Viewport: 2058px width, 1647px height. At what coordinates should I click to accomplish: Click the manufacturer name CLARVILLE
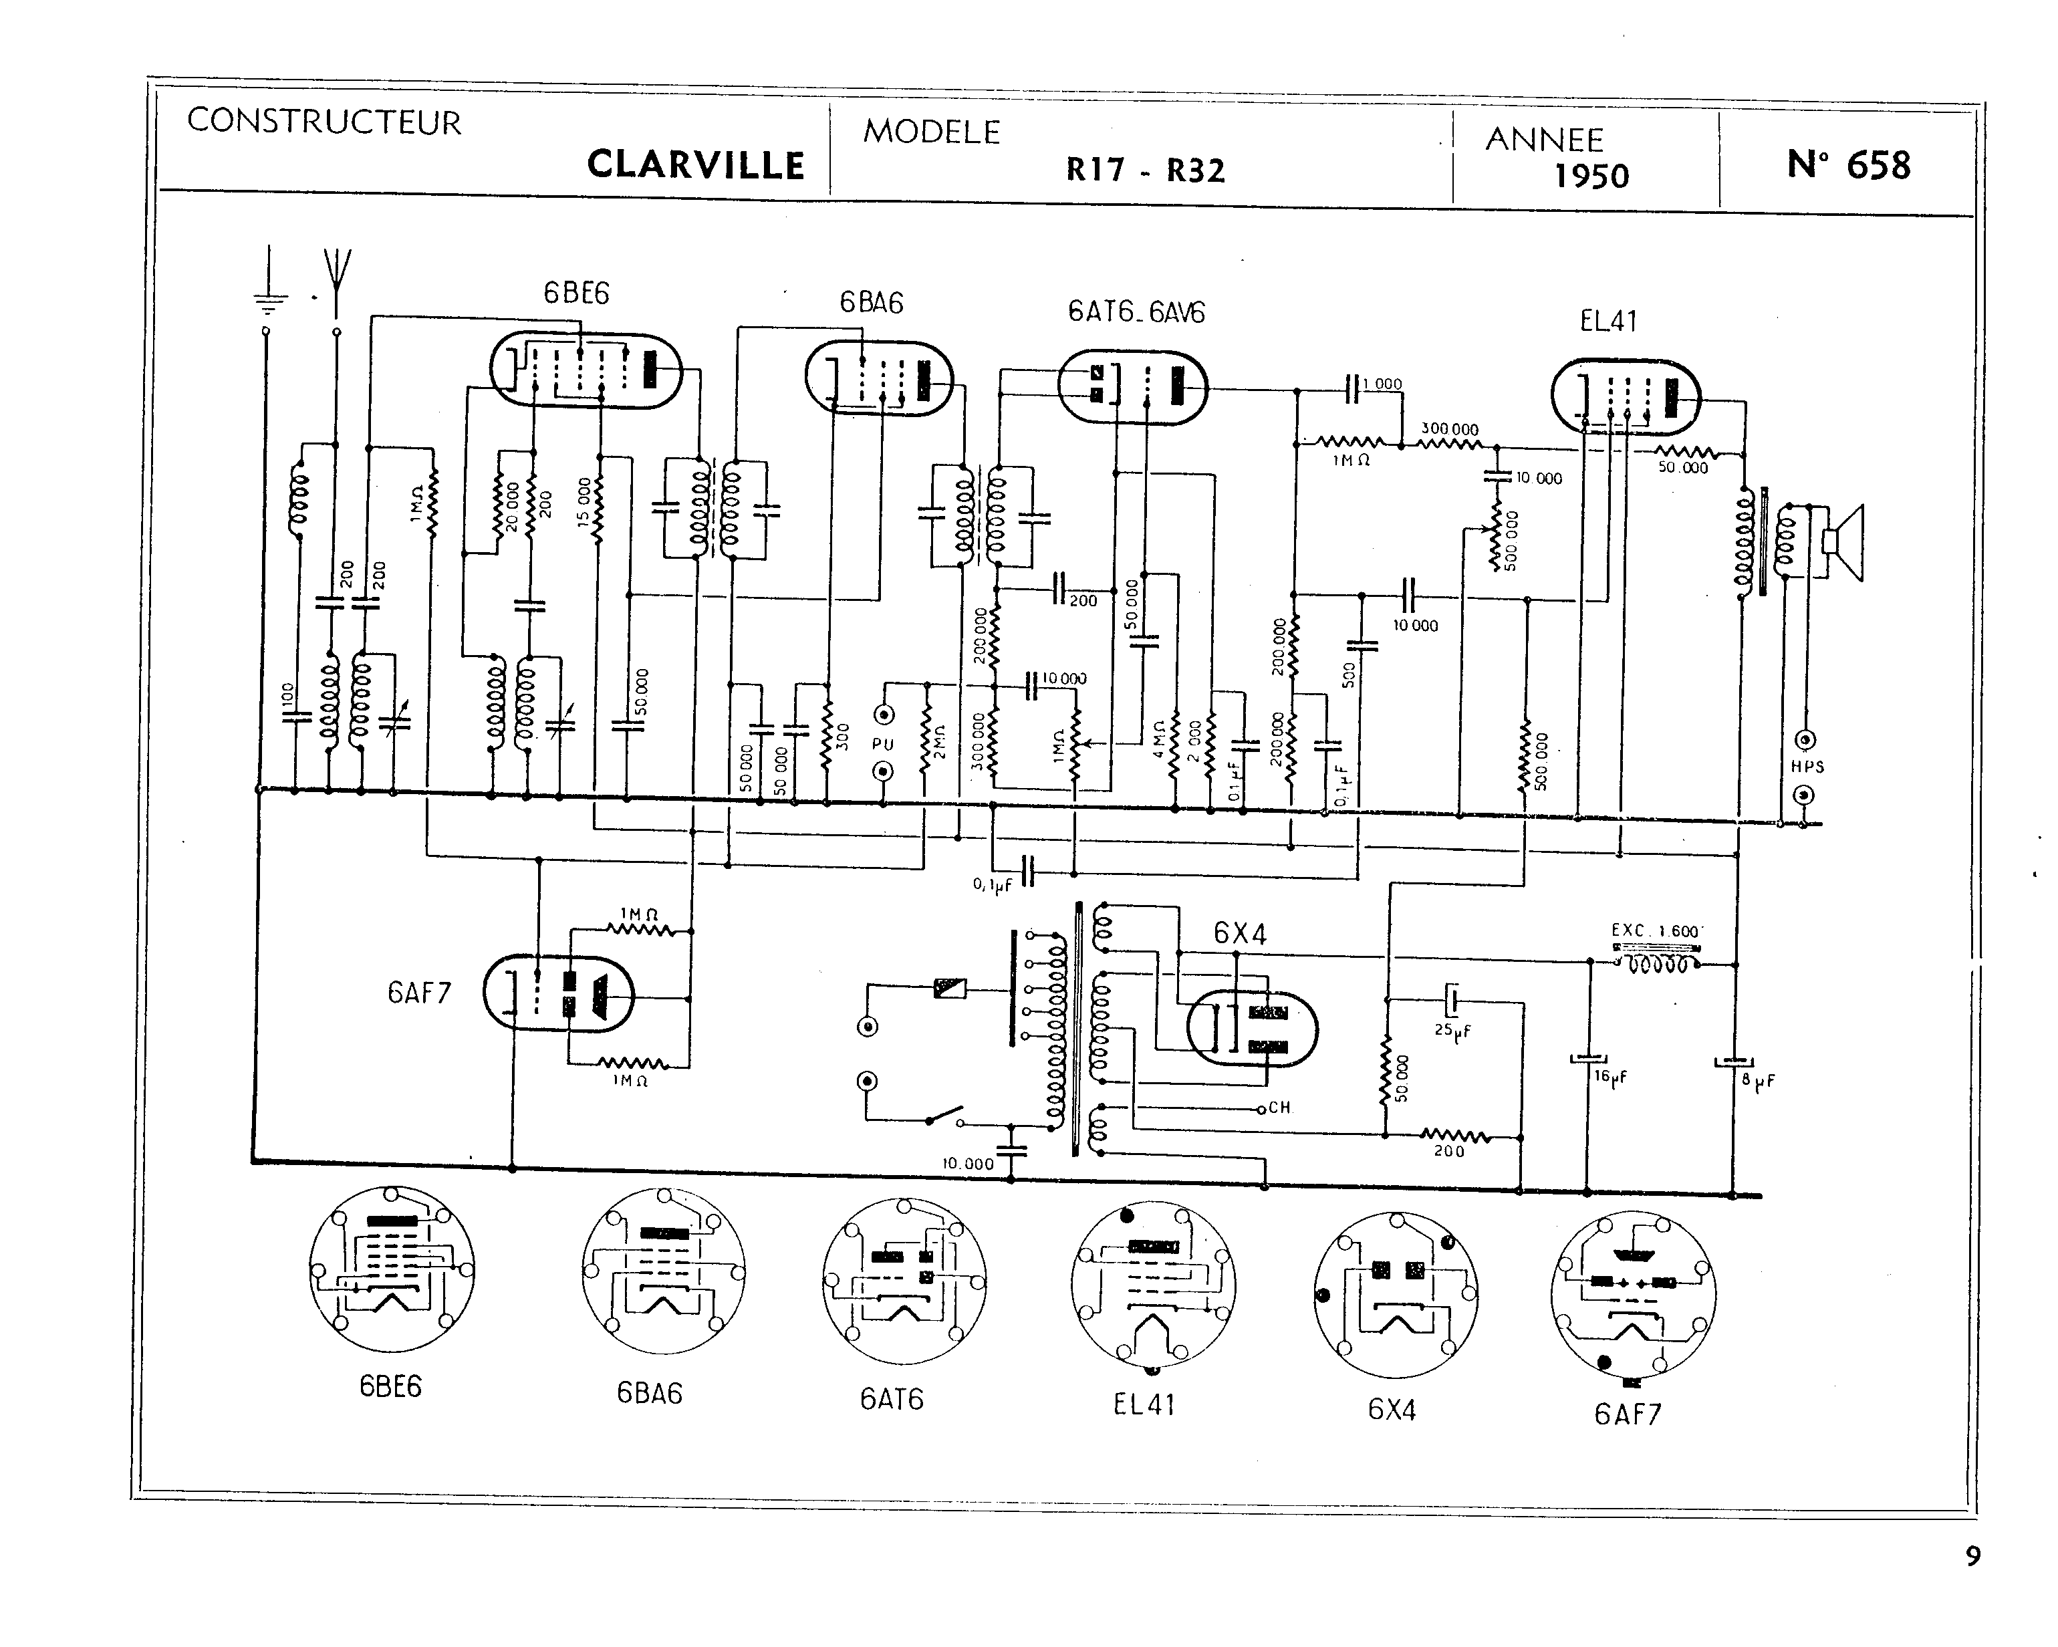tap(695, 164)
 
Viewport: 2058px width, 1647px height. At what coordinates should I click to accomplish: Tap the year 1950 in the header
tap(1591, 176)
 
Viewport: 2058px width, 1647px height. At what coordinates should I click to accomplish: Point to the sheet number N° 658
tap(1848, 165)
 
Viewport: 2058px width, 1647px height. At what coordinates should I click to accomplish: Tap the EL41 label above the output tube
tap(1608, 322)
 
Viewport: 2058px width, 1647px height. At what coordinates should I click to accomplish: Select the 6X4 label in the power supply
tap(1240, 933)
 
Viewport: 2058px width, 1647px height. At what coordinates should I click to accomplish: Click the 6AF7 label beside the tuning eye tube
tap(419, 994)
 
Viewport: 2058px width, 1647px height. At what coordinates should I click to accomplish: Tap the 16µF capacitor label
tap(1610, 1076)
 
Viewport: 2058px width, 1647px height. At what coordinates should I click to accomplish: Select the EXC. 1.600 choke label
tap(1655, 931)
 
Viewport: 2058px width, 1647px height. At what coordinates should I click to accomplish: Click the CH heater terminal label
tap(1279, 1108)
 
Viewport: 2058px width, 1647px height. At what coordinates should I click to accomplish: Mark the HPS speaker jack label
tap(1807, 766)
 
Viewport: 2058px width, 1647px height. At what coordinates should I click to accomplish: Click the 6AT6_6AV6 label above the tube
tap(1136, 312)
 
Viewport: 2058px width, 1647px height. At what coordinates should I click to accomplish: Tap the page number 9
tap(1972, 1555)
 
